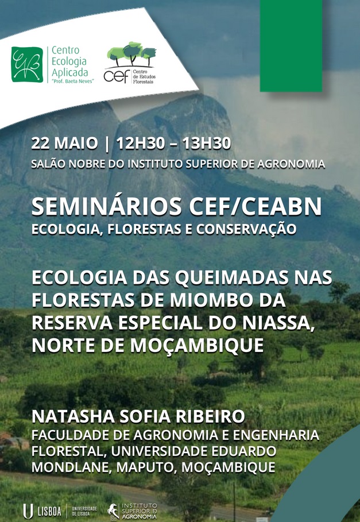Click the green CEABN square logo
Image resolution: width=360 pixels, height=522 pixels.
tap(27, 64)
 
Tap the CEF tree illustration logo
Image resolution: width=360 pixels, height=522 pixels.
tap(130, 63)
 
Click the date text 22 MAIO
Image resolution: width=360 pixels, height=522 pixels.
tap(64, 144)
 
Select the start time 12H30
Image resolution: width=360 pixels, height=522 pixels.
tap(141, 144)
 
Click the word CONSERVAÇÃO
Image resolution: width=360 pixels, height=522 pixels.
tap(246, 229)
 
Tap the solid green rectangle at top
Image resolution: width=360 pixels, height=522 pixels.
tap(291, 45)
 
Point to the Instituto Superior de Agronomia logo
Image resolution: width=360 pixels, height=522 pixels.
tap(132, 511)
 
